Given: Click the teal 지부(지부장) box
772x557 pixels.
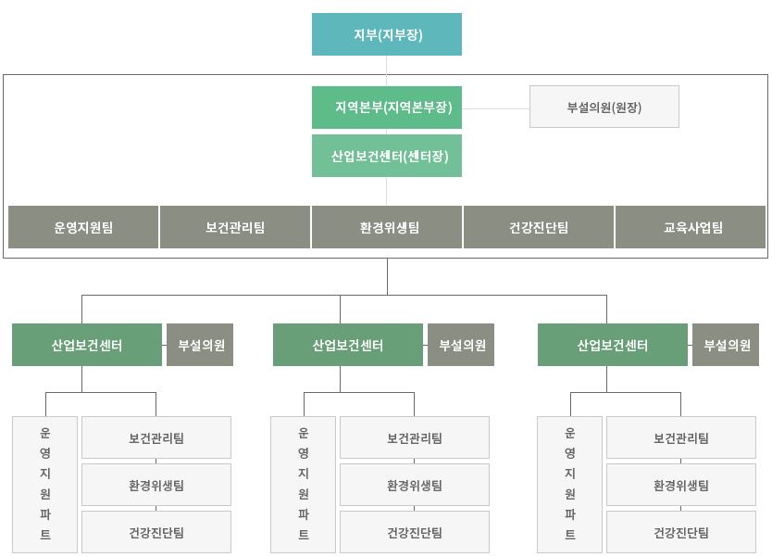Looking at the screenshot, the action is (387, 34).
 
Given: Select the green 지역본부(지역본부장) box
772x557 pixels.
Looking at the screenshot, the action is (387, 108).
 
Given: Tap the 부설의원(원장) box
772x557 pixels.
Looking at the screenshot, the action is (604, 107).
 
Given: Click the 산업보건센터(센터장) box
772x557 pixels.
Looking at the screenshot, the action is (387, 156).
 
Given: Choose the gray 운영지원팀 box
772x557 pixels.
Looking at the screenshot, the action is (83, 227).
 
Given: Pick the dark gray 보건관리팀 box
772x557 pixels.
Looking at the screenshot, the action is (235, 227).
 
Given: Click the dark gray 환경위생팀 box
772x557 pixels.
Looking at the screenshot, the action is (387, 227).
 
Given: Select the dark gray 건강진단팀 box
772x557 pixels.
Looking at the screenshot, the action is (539, 227).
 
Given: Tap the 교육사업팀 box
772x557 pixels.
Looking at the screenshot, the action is (691, 227).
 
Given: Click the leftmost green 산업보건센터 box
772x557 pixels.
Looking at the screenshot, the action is (87, 345).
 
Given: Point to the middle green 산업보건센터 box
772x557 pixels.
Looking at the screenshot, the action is (348, 345).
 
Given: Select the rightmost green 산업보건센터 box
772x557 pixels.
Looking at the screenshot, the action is (613, 345).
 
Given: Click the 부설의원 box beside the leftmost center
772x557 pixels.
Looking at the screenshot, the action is (200, 345).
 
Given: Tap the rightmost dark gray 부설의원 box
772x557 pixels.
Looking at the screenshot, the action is (726, 345).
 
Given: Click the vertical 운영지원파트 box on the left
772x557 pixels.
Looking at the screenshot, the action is (44, 485).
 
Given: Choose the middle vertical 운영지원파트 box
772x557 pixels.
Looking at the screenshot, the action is (303, 485).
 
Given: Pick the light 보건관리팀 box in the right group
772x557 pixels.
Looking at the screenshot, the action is (681, 437).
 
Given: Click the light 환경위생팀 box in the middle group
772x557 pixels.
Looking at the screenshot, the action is (415, 485).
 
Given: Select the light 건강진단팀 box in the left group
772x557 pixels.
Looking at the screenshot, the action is (156, 532).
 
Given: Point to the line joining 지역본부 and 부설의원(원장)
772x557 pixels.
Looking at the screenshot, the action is (496, 108).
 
